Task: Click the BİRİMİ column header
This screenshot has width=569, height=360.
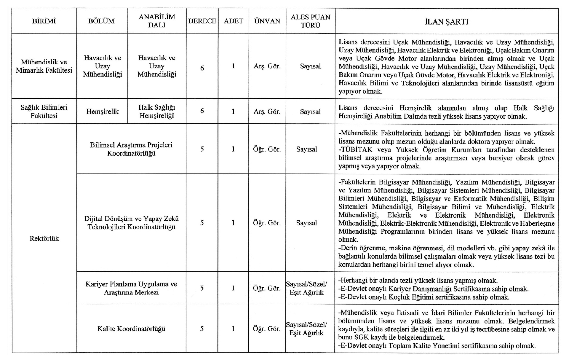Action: click(x=44, y=21)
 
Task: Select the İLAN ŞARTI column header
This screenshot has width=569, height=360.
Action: click(x=447, y=22)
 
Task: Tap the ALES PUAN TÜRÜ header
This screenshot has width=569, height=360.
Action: click(x=311, y=21)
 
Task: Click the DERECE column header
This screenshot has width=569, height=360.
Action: click(x=202, y=21)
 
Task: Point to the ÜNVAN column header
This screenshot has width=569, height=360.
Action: click(x=267, y=21)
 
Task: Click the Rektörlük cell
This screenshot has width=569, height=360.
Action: click(x=44, y=238)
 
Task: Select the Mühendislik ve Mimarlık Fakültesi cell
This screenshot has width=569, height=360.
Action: click(x=44, y=66)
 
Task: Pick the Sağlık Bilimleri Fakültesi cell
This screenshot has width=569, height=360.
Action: click(x=44, y=111)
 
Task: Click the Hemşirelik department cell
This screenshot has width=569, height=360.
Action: click(x=102, y=111)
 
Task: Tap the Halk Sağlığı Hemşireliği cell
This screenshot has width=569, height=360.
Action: click(x=157, y=111)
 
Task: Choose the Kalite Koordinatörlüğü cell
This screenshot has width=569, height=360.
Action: click(x=131, y=329)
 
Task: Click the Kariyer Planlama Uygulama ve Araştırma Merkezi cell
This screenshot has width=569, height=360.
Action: click(x=131, y=288)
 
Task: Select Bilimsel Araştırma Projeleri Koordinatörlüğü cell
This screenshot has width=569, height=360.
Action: click(x=131, y=149)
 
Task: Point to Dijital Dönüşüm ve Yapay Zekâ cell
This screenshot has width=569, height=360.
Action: click(x=131, y=223)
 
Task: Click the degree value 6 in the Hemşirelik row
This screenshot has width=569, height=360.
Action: click(x=202, y=111)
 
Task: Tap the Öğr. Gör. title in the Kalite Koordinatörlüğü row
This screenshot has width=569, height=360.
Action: click(x=267, y=329)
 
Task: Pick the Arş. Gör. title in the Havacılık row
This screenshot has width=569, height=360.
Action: click(x=267, y=66)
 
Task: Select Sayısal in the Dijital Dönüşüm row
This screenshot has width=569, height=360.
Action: click(x=306, y=223)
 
